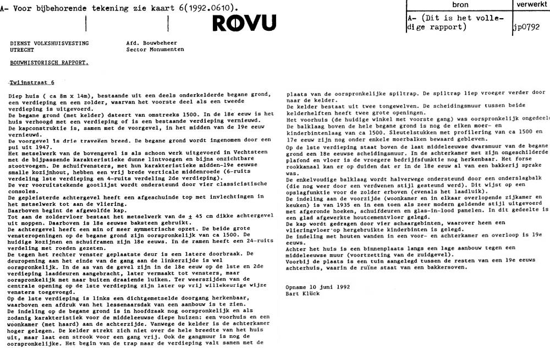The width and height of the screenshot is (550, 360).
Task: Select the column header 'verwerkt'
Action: [530, 5]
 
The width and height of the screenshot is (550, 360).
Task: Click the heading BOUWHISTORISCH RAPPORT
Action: [48, 63]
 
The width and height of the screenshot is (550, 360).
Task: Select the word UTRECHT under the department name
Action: [23, 50]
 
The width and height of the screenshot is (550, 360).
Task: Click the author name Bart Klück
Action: [303, 293]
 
